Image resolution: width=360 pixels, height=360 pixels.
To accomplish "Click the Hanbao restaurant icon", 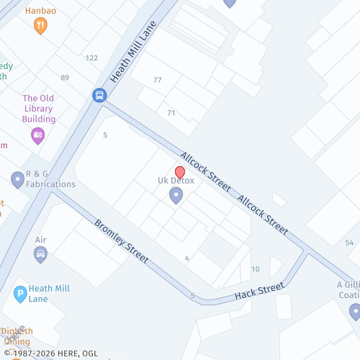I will [x=41, y=27].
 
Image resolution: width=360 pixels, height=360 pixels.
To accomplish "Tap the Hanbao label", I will [x=40, y=11].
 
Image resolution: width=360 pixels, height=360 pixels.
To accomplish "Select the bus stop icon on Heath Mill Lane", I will [x=99, y=94].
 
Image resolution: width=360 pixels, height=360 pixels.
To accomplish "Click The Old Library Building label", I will [x=39, y=109].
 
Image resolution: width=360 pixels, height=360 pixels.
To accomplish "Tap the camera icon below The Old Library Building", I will [x=37, y=134].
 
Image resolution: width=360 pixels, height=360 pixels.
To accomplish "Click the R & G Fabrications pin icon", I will [x=18, y=179].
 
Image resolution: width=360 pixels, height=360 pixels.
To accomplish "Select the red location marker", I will [x=179, y=173].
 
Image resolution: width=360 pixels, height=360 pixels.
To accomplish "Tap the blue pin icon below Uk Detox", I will [x=176, y=195].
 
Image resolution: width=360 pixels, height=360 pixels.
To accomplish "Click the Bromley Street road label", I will [x=121, y=241].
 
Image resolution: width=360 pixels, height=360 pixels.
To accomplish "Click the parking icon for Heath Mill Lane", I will [x=20, y=294].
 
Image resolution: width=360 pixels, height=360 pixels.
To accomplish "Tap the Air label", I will [x=41, y=240].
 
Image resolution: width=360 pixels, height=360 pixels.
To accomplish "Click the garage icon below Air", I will [x=41, y=253].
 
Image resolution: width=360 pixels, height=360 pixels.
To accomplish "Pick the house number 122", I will [x=91, y=58].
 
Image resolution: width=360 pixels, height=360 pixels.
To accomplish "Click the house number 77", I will [x=157, y=79].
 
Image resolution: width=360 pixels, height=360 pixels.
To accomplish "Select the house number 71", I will [x=171, y=113].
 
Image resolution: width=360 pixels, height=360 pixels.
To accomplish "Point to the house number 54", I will [x=350, y=243].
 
